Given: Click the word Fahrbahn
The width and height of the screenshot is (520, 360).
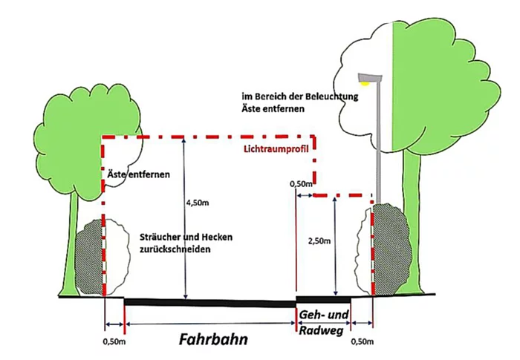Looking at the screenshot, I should click(213, 339).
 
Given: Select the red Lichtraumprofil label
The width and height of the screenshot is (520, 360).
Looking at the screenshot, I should click(276, 149).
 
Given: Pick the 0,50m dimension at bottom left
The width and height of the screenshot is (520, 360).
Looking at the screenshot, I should click(114, 342).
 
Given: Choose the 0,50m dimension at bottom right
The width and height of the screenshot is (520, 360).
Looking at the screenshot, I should click(362, 342).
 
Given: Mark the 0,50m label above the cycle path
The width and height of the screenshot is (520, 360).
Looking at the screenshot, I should click(300, 183).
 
